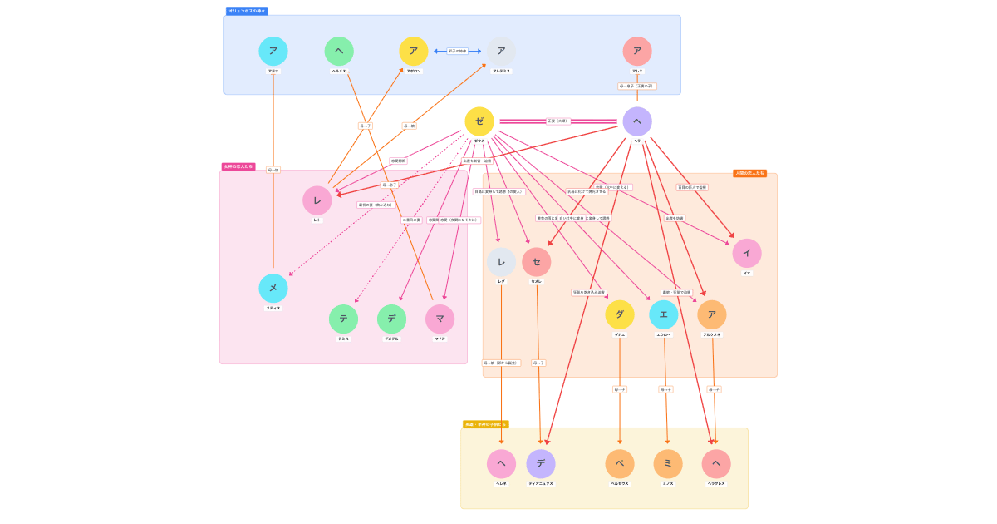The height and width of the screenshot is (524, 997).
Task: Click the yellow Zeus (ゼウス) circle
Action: tap(479, 121)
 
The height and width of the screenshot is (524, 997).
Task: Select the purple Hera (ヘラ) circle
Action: tap(637, 121)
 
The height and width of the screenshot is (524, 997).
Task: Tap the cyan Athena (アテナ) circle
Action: tap(273, 51)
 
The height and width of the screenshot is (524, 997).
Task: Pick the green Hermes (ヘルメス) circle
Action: tap(339, 51)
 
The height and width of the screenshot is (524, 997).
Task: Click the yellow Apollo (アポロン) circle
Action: tap(414, 51)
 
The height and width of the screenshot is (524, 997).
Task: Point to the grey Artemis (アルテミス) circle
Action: tap(501, 51)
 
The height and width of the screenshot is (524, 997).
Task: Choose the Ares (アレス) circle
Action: tap(637, 51)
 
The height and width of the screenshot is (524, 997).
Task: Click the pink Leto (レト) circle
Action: tap(317, 200)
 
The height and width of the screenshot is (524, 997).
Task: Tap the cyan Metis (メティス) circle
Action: tap(273, 288)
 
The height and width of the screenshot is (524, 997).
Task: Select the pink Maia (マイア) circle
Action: tap(440, 319)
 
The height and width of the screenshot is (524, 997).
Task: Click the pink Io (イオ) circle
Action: tap(747, 253)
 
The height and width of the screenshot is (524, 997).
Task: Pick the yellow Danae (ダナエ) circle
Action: tap(620, 314)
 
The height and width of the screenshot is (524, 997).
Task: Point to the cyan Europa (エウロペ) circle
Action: tap(664, 314)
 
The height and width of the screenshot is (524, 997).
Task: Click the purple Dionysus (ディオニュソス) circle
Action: tap(541, 463)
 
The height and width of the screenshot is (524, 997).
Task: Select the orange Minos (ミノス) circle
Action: tap(668, 463)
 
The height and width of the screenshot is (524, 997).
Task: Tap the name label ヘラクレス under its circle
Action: tap(716, 483)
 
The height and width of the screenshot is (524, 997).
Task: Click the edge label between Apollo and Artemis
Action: tap(458, 51)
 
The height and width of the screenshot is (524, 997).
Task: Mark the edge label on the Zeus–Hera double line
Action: tap(557, 121)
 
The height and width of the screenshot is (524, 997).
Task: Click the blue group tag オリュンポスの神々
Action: tap(247, 11)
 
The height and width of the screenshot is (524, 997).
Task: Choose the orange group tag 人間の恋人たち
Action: tap(749, 173)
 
